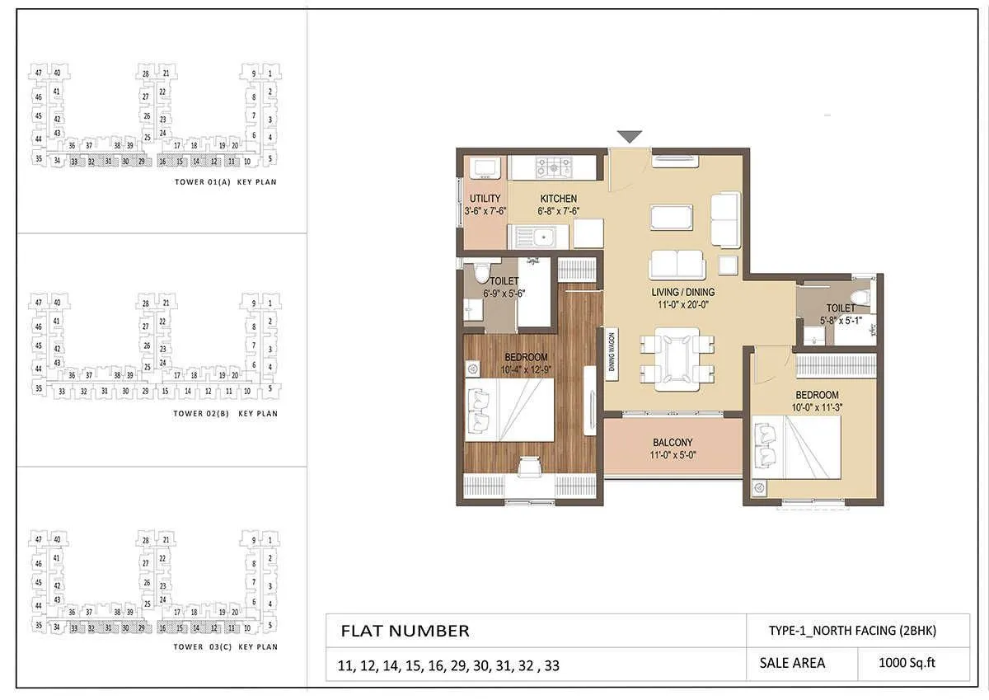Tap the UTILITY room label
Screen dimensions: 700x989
click(485, 200)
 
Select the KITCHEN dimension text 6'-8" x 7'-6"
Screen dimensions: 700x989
click(558, 211)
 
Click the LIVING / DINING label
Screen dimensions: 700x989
click(679, 292)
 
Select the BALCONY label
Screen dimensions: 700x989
click(673, 443)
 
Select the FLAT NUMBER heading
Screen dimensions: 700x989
click(405, 632)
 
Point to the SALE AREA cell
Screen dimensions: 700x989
click(791, 662)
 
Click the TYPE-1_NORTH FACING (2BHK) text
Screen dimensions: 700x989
click(852, 631)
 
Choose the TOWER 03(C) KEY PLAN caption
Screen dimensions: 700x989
click(225, 647)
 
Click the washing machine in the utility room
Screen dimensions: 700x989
click(484, 168)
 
